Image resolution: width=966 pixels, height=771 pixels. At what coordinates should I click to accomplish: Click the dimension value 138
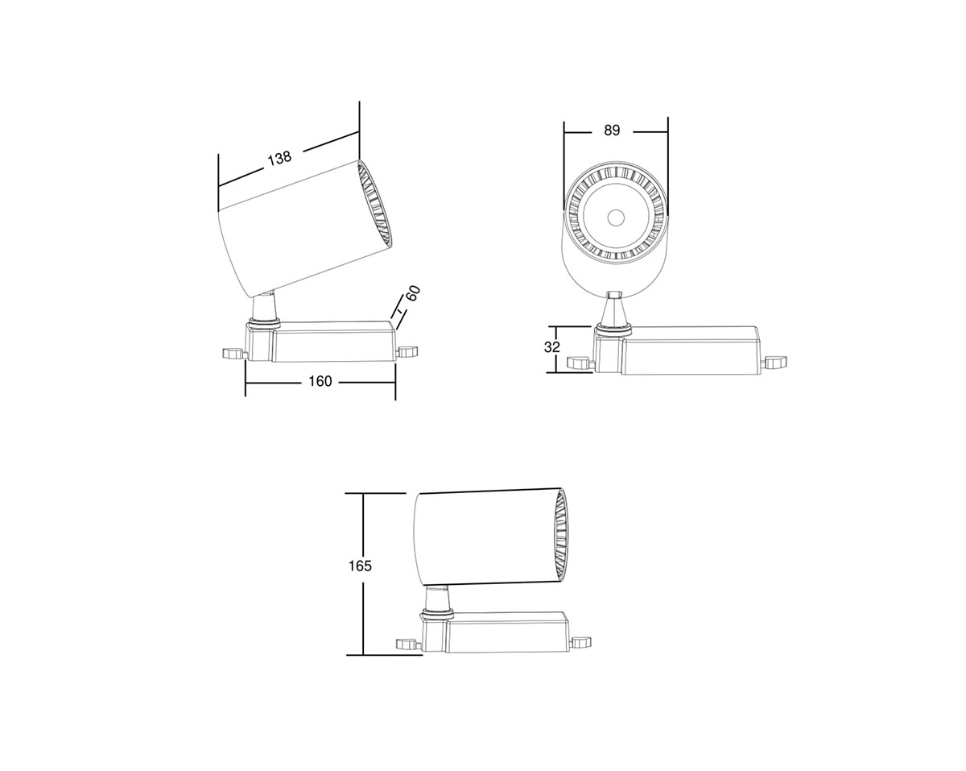(279, 158)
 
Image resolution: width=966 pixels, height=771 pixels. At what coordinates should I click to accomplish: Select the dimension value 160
(320, 381)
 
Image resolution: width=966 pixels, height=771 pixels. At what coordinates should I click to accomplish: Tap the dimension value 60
(413, 293)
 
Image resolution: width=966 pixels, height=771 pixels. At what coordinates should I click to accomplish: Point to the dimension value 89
(612, 131)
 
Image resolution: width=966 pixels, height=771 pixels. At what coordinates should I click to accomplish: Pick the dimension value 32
(551, 348)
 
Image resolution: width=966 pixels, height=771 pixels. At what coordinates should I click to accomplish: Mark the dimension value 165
(360, 566)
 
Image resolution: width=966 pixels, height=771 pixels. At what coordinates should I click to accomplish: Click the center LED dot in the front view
(616, 217)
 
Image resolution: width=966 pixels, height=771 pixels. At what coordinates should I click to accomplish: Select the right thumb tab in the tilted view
(409, 351)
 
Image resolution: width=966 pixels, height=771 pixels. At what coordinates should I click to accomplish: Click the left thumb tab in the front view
(579, 363)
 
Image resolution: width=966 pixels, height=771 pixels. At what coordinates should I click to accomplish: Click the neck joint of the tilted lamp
(264, 309)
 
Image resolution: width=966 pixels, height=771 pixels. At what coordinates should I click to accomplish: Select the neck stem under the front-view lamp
(614, 309)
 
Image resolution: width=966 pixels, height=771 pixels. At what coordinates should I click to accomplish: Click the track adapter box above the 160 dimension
(332, 343)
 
